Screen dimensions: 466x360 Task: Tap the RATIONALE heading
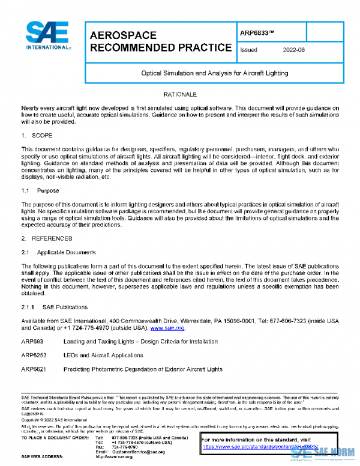[x=180, y=95]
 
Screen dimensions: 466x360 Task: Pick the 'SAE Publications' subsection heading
[x=52, y=307]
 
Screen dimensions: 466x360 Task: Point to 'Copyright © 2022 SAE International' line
[x=54, y=419]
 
